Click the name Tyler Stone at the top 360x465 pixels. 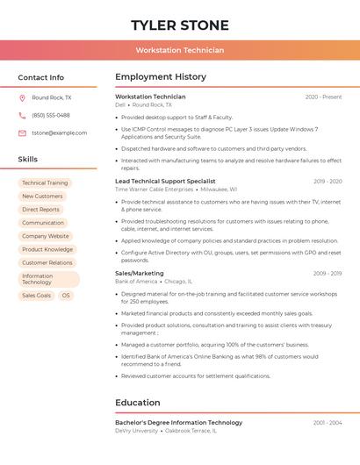(180, 25)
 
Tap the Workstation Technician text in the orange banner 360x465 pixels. (180, 50)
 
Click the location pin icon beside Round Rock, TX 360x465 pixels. (22, 98)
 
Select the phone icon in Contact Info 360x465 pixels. (22, 115)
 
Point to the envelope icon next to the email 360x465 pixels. (22, 133)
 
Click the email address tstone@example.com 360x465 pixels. (60, 133)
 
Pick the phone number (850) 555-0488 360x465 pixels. (51, 115)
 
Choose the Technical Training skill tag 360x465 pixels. (45, 183)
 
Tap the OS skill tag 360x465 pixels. (66, 296)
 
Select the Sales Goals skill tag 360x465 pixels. (37, 296)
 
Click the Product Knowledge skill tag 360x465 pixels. (47, 249)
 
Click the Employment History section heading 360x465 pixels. (161, 77)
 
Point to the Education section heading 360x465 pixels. (138, 403)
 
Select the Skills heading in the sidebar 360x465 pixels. (28, 160)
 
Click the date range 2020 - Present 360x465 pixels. (323, 97)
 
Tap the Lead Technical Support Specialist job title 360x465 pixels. (165, 181)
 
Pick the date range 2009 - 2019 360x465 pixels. (328, 274)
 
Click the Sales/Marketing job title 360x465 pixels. (140, 274)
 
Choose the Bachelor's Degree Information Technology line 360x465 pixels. (178, 423)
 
